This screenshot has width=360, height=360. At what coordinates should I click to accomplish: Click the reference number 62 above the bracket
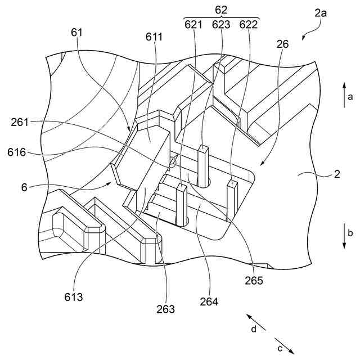(220, 9)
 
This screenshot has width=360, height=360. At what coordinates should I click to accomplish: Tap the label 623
(221, 24)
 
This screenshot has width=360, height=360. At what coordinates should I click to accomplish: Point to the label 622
(248, 24)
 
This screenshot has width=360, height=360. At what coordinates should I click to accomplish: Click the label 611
(154, 37)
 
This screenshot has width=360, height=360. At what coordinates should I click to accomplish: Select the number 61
(77, 33)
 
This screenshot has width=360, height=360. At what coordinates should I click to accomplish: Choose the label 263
(166, 309)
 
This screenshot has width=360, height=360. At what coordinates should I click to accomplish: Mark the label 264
(209, 301)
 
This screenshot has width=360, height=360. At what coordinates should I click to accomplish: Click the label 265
(254, 280)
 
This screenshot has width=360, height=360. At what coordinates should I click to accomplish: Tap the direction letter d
(254, 329)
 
